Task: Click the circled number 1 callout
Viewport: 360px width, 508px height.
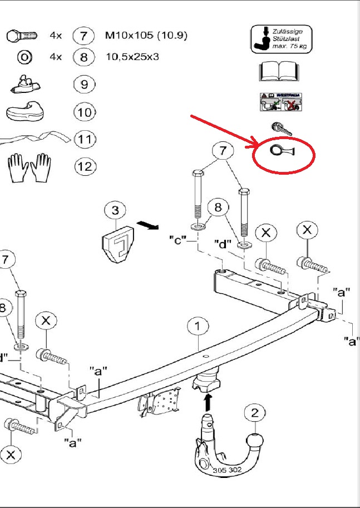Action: point(198,327)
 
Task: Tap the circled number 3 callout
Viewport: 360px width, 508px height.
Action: point(115,211)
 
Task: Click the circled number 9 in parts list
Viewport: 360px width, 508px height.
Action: point(84,84)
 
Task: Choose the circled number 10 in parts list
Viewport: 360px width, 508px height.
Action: point(84,112)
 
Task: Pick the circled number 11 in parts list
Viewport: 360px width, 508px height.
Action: point(84,139)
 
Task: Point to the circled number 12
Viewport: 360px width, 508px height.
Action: point(84,166)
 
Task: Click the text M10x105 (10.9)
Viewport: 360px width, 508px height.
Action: point(146,36)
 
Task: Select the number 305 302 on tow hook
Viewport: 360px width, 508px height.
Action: point(226,471)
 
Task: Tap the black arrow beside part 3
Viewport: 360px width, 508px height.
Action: point(147,225)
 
